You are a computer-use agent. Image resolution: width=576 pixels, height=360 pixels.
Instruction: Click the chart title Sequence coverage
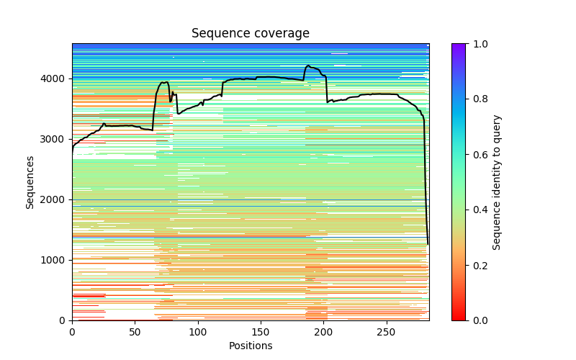tap(251, 34)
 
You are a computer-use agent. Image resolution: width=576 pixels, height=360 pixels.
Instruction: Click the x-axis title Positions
tap(251, 346)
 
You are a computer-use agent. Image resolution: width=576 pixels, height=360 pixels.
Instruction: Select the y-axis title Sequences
tap(30, 181)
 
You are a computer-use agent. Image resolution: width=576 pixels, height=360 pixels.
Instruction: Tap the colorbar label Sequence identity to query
tap(497, 182)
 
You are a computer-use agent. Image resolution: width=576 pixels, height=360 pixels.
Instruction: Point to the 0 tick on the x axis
tap(72, 331)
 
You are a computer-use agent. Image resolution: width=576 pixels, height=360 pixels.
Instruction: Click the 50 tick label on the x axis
tap(135, 331)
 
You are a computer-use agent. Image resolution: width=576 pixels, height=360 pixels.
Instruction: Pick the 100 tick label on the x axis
tap(198, 331)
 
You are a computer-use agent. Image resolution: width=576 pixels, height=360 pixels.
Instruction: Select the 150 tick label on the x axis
tap(261, 331)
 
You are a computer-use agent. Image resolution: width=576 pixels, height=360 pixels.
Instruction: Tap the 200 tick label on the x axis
tap(324, 331)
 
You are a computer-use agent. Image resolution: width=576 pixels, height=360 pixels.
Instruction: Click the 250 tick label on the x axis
tap(387, 331)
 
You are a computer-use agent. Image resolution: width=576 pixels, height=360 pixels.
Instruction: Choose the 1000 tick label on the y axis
tap(53, 260)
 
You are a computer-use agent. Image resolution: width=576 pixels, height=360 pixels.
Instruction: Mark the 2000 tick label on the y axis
tap(53, 199)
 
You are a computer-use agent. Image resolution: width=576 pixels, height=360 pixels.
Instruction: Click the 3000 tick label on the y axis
tap(53, 139)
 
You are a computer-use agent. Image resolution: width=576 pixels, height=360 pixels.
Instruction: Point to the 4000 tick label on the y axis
tap(53, 78)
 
